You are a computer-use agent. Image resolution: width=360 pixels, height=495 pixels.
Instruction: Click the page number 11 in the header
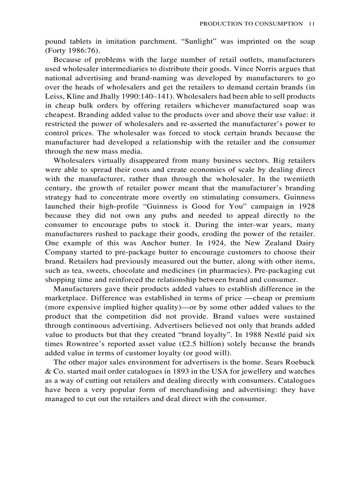pos(311,24)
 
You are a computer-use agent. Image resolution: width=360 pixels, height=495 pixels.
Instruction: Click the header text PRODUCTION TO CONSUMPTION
pos(251,24)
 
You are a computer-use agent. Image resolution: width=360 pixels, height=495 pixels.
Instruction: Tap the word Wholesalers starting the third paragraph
pos(74,161)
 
